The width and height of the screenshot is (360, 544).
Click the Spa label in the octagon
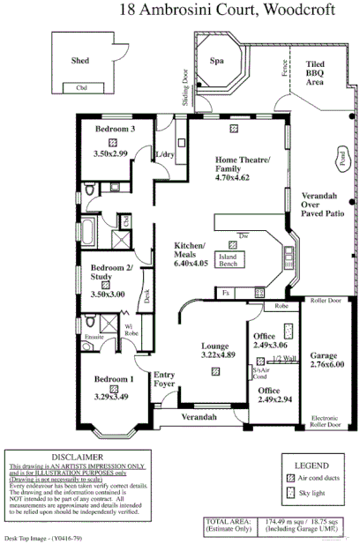[x=215, y=61]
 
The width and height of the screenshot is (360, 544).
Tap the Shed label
[x=79, y=61]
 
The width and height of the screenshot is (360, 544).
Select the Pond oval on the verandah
[x=341, y=160]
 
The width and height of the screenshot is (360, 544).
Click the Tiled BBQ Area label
[x=315, y=72]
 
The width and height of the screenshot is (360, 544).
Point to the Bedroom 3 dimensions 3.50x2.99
[x=110, y=153]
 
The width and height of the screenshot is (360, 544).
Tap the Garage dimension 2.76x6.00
[x=326, y=363]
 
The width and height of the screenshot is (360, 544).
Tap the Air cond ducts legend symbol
[x=291, y=478]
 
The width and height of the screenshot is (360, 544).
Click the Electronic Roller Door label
[x=325, y=421]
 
